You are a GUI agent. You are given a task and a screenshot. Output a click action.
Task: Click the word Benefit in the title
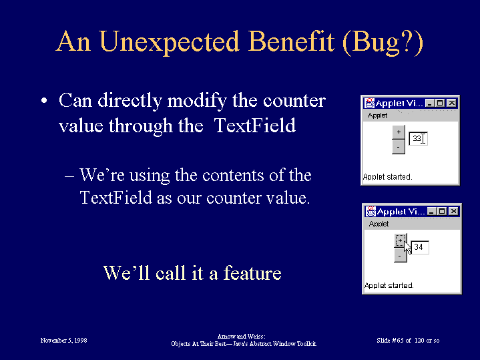[290, 41]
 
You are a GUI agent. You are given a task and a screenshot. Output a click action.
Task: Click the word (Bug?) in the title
[383, 43]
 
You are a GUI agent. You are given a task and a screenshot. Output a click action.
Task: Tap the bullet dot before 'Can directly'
[44, 100]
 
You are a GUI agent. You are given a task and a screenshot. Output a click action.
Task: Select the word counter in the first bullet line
[294, 101]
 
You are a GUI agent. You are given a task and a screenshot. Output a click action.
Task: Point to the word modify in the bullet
[197, 101]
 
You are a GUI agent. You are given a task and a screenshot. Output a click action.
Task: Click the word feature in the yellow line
[252, 273]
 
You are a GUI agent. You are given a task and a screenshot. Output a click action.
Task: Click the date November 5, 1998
[63, 340]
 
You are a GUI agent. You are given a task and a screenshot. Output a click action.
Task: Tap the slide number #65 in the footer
[398, 340]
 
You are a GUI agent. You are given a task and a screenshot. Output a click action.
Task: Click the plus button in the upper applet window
[399, 132]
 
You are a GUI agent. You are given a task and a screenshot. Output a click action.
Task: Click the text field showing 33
[418, 138]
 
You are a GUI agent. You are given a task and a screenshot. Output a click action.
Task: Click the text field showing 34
[420, 247]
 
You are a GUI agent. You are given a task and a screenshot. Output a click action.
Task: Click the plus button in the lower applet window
[400, 240]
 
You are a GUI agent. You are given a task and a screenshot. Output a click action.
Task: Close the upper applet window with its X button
[452, 104]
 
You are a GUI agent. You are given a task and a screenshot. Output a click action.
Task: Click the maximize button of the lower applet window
[442, 212]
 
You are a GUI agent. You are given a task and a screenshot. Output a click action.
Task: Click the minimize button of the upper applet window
[430, 104]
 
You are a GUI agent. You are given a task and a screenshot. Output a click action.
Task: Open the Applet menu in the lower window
[379, 224]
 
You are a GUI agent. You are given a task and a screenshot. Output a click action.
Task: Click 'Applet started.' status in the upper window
[388, 177]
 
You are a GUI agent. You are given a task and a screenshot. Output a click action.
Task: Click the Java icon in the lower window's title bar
[371, 211]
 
